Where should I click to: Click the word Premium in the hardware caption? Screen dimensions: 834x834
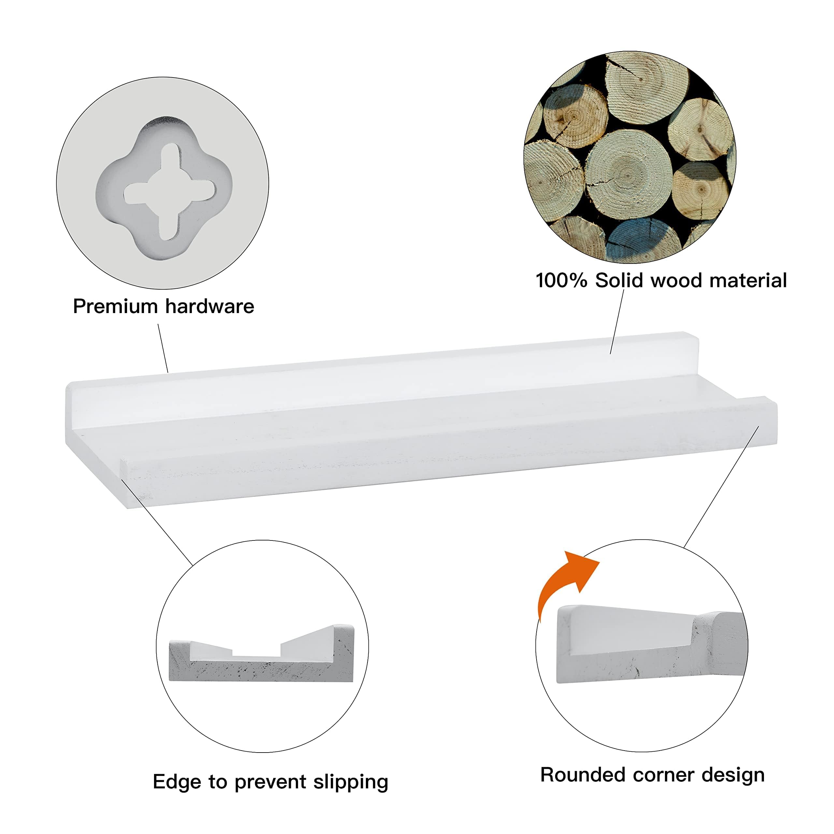pyautogui.click(x=116, y=307)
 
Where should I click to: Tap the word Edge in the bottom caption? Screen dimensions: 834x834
pyautogui.click(x=177, y=783)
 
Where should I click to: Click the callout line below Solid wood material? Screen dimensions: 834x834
pyautogui.click(x=617, y=322)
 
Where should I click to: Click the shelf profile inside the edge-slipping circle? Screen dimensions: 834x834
pyautogui.click(x=261, y=660)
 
